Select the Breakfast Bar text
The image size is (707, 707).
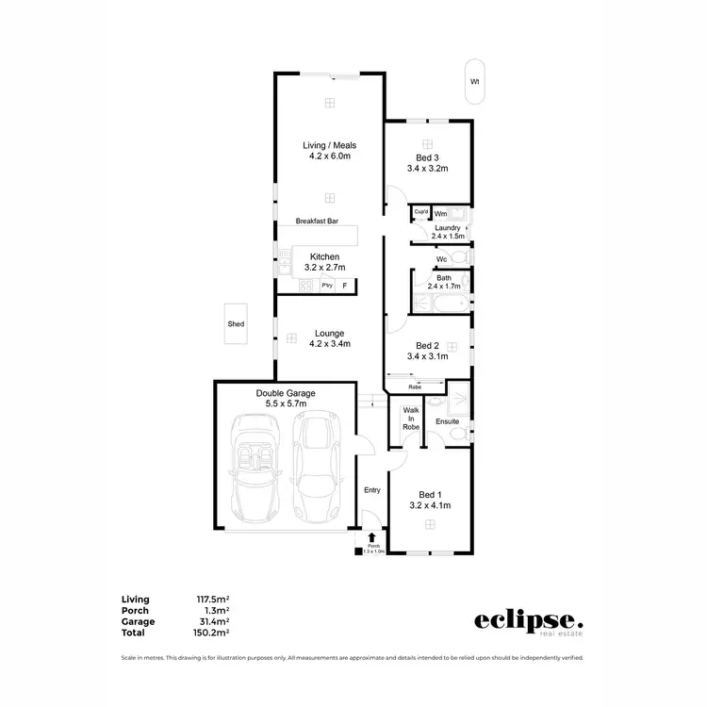(316, 222)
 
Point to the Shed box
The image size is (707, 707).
(236, 324)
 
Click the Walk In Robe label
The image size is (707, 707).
(411, 419)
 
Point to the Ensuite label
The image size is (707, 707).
(446, 421)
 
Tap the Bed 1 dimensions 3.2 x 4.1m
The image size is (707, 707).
(429, 505)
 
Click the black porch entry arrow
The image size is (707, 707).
(373, 537)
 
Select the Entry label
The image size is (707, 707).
(372, 490)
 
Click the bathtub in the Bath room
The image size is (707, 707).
(440, 302)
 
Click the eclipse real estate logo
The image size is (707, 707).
(528, 622)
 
